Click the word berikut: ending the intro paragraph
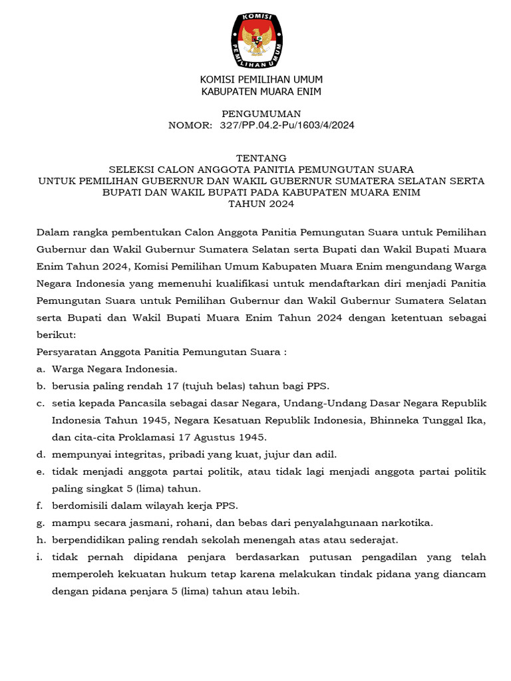(x=56, y=336)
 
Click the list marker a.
(x=41, y=369)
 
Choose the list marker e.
(x=41, y=472)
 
